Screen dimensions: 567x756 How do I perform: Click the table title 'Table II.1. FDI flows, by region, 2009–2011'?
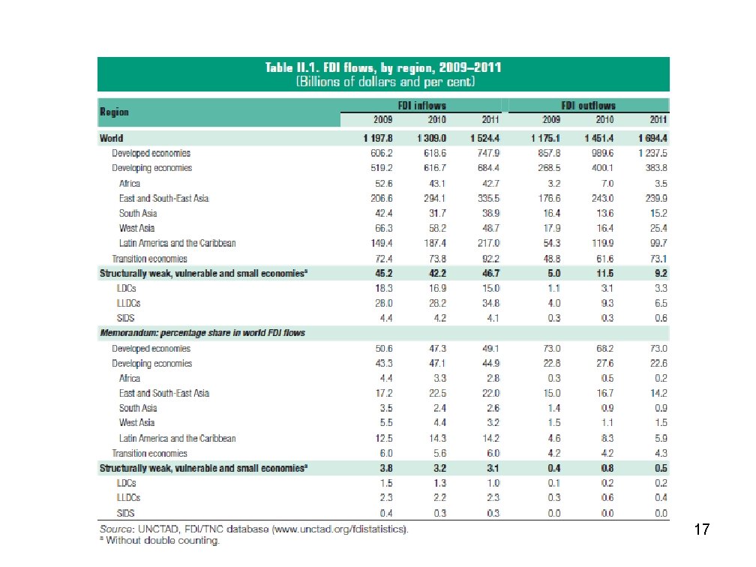[x=383, y=67]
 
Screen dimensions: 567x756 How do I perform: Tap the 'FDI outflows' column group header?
[x=588, y=106]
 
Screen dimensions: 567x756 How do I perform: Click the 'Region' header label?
[x=114, y=112]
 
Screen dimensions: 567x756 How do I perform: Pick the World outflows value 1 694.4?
[x=649, y=139]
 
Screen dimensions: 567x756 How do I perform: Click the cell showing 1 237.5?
[x=649, y=154]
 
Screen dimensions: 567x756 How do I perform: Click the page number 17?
[x=701, y=531]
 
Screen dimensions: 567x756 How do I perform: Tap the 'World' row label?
[x=112, y=139]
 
